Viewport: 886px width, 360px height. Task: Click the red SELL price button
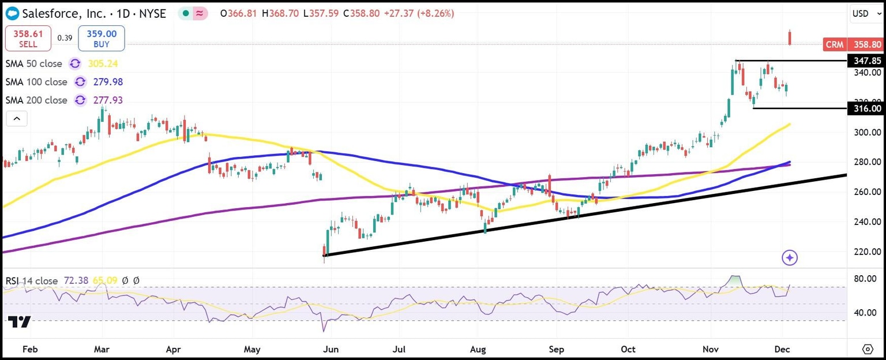[x=28, y=39]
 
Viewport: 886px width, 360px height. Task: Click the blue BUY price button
[x=102, y=39]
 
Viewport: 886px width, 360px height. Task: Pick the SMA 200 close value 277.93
[x=105, y=100]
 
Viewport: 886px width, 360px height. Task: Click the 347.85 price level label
[x=867, y=61]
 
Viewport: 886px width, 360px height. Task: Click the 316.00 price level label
[x=867, y=108]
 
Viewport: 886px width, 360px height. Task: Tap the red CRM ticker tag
[x=835, y=44]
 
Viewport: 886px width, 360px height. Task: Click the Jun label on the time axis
[x=331, y=349]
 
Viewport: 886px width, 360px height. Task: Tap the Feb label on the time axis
[x=29, y=349]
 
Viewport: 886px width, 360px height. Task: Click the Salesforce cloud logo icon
[x=11, y=13]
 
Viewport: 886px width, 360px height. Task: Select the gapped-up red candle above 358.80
[x=790, y=37]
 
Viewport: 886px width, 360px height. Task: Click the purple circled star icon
[x=790, y=258]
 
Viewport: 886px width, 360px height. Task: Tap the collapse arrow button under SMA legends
[x=17, y=119]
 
